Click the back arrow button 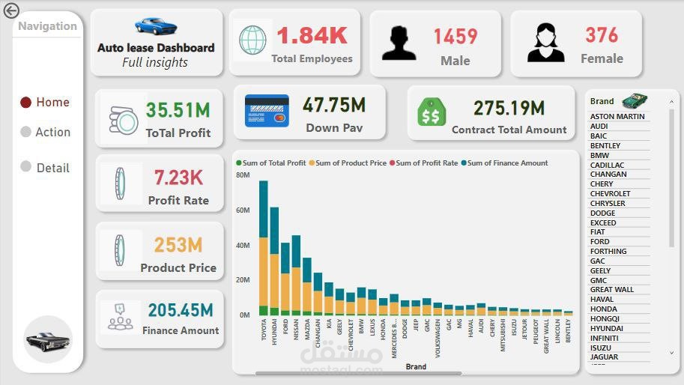pyautogui.click(x=11, y=11)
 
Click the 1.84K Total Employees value pyautogui.click(x=312, y=35)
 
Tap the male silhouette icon pyautogui.click(x=399, y=43)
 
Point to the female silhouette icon pyautogui.click(x=545, y=43)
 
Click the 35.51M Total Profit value pyautogui.click(x=178, y=110)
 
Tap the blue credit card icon pyautogui.click(x=267, y=111)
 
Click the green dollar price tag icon pyautogui.click(x=432, y=112)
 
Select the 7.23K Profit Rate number pyautogui.click(x=178, y=178)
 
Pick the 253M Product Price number pyautogui.click(x=178, y=245)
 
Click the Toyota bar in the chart pyautogui.click(x=264, y=247)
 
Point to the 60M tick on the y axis pyautogui.click(x=243, y=210)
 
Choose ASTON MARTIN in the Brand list pyautogui.click(x=617, y=117)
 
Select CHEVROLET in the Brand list pyautogui.click(x=611, y=194)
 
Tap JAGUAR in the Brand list pyautogui.click(x=605, y=357)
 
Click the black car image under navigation pyautogui.click(x=48, y=341)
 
